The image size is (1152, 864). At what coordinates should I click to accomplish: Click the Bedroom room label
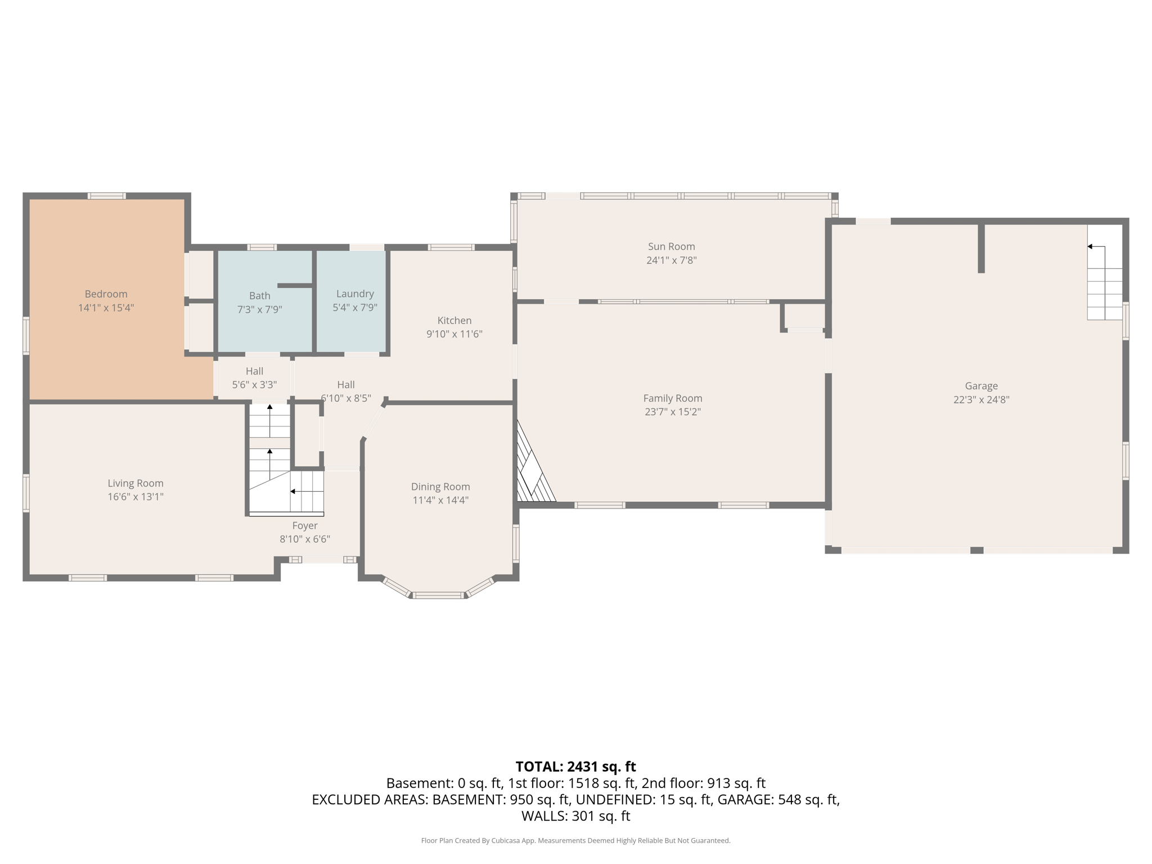click(106, 294)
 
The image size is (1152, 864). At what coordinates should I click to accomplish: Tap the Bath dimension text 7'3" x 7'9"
click(259, 309)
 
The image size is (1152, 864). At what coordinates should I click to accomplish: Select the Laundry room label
click(354, 294)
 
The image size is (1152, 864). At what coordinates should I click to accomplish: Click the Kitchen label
click(454, 320)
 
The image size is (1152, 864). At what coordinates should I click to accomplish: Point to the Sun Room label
click(671, 246)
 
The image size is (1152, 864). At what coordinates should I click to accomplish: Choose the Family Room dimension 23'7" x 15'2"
click(672, 412)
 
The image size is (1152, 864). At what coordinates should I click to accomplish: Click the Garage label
click(981, 386)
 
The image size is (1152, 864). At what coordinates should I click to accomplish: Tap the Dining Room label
click(440, 487)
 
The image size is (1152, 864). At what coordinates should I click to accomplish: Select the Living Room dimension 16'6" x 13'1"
click(136, 497)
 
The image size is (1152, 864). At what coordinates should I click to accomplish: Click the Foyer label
click(305, 525)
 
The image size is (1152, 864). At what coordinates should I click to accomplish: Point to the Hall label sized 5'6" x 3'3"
click(254, 371)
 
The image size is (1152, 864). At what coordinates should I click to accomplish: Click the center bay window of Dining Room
click(438, 595)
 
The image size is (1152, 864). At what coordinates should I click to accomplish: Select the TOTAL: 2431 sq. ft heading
click(575, 767)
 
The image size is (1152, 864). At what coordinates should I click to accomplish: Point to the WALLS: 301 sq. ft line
click(575, 816)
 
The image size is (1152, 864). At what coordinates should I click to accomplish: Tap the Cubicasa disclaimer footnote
click(575, 840)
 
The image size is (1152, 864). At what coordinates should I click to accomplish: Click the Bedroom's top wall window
click(106, 196)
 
